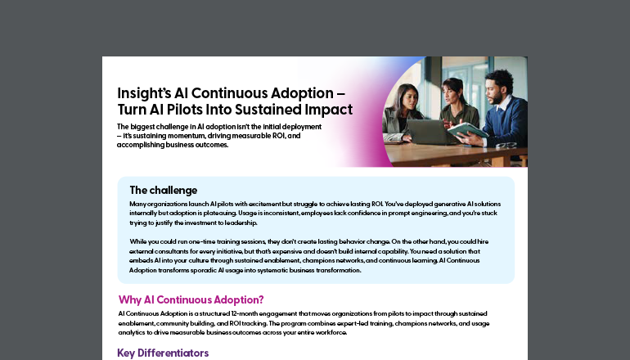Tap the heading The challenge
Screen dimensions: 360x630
click(163, 190)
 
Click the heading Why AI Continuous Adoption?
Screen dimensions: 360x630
click(191, 299)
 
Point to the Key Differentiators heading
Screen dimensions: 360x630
click(163, 353)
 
